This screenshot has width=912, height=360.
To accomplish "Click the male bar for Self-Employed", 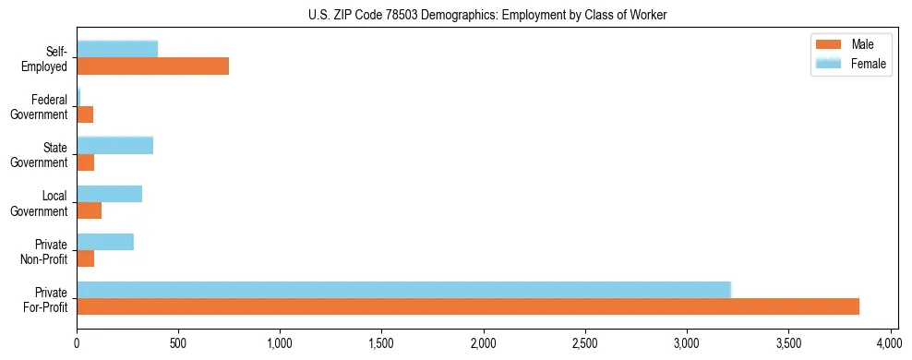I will tap(152, 66).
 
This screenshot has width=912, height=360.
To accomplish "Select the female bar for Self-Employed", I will tap(117, 49).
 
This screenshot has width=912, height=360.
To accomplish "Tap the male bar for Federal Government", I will tap(85, 114).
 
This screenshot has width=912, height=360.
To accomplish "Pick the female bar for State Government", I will tap(114, 145).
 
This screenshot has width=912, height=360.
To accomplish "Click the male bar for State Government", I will tap(86, 162).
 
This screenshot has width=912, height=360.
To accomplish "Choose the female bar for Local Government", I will tap(109, 194).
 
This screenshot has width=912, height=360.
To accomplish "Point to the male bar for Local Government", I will tap(89, 210).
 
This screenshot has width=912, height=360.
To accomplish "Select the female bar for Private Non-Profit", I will tap(105, 242).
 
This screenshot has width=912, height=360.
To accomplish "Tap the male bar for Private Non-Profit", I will tap(86, 258).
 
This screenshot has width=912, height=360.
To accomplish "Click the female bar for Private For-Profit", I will tap(403, 290).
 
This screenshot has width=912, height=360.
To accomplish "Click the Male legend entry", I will tap(850, 44).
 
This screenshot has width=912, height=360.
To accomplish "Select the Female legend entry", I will tap(850, 63).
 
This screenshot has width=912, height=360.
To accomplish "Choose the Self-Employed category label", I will tap(48, 58).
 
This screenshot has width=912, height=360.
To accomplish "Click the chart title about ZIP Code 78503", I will tap(487, 15).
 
